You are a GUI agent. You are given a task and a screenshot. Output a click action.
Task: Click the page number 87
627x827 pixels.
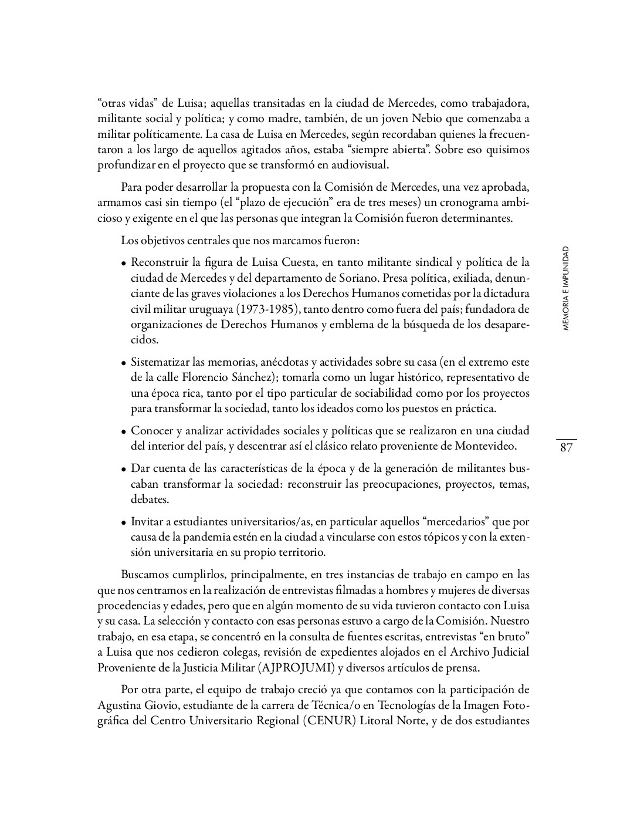coord(566,448)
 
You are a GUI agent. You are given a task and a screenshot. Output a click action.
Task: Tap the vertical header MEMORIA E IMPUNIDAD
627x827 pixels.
coord(565,288)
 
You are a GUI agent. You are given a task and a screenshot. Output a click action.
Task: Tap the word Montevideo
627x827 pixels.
coord(486,446)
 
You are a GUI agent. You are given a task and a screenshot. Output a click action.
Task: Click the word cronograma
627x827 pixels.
coord(455,202)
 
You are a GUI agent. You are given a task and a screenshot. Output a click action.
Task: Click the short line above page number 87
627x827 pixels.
coord(566,438)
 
